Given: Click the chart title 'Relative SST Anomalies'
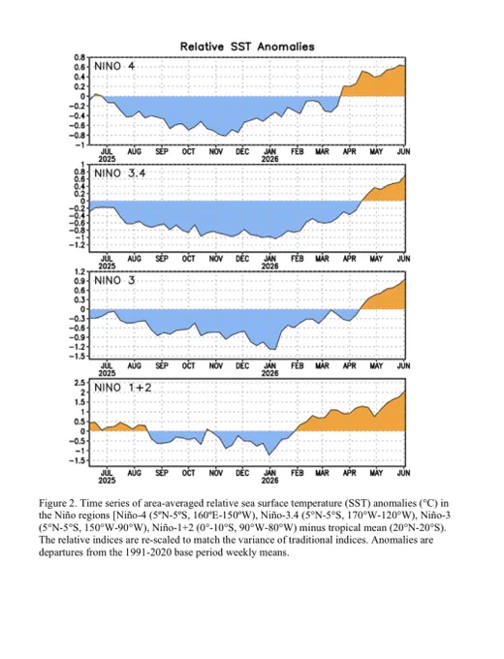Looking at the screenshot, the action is (x=247, y=47).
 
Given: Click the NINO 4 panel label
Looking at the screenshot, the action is (x=114, y=67).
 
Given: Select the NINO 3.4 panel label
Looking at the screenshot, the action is (x=120, y=173).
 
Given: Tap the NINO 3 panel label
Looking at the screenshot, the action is (x=114, y=280).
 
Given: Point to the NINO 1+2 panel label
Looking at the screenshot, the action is (x=122, y=388).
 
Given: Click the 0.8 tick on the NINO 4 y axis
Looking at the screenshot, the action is (x=80, y=57).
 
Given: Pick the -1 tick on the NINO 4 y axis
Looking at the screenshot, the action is (x=80, y=145).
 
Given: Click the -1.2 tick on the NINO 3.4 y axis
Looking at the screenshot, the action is (x=78, y=245).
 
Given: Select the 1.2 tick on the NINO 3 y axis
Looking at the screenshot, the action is (x=80, y=271).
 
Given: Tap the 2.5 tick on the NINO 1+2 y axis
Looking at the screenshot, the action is (x=80, y=382).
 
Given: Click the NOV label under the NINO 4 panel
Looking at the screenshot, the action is (x=215, y=151).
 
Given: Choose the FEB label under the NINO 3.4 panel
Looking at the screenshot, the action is (x=298, y=259).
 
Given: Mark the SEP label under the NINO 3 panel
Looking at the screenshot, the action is (x=162, y=365).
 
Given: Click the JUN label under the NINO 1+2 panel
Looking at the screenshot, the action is (x=403, y=473).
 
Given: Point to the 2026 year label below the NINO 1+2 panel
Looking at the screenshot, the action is (x=269, y=480).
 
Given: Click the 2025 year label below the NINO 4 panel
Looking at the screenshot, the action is (x=108, y=159).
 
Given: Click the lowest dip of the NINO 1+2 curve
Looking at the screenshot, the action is (x=269, y=455).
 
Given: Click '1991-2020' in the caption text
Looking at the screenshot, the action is (x=146, y=552).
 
